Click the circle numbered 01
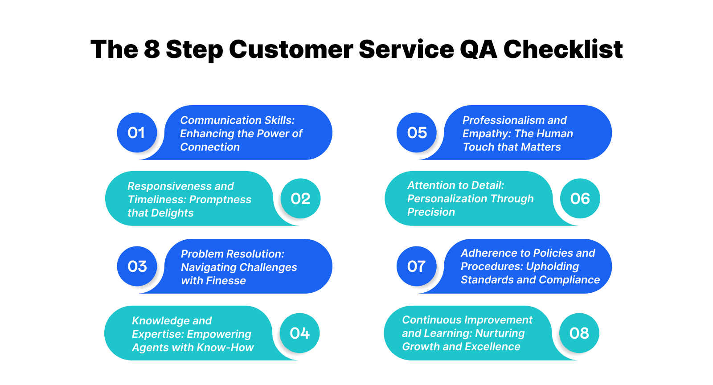137,133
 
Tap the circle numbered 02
300,199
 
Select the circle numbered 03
137,266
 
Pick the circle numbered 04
299,333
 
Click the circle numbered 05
417,133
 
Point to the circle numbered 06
580,199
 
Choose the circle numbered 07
417,266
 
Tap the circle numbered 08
579,333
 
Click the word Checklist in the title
563,49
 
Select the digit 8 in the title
152,49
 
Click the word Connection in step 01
210,147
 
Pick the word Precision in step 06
431,212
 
